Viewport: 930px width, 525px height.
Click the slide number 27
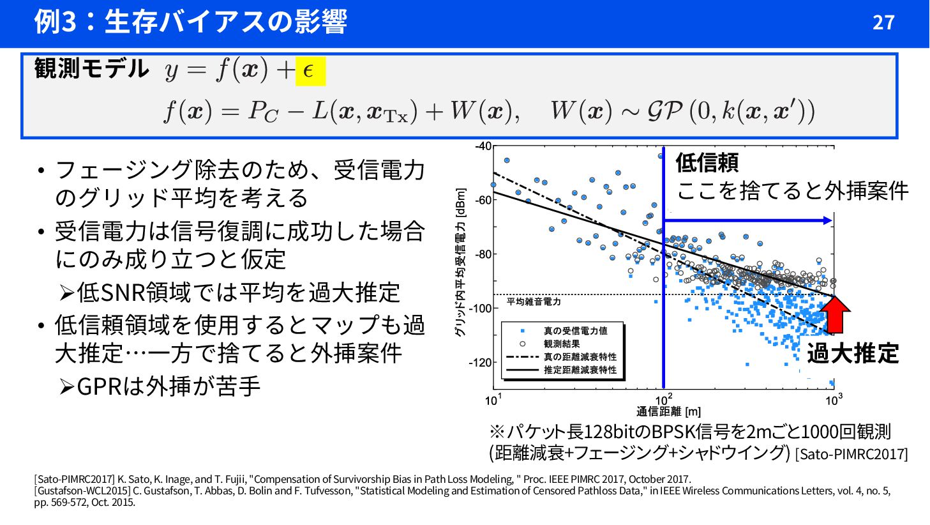[883, 22]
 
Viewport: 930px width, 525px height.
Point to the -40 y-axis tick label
[483, 146]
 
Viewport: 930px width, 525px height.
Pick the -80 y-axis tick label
[483, 254]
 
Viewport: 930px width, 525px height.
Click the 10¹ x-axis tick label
[493, 400]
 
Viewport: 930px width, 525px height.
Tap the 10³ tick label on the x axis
[833, 400]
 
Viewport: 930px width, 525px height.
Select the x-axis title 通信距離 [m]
[668, 412]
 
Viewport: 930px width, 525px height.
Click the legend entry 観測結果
[562, 344]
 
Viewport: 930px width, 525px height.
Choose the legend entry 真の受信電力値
[575, 331]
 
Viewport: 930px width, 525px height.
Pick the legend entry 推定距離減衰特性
[580, 370]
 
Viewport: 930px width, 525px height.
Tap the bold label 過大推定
[853, 353]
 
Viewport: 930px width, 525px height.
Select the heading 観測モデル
[91, 68]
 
